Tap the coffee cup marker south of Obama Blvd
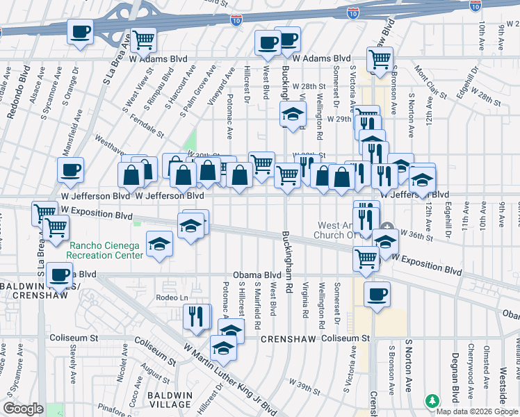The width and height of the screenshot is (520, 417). click(377, 294)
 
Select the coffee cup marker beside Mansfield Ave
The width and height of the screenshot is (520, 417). click(70, 170)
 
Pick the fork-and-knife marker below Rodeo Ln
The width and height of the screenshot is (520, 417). click(197, 316)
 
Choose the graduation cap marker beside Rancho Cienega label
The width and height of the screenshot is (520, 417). click(159, 244)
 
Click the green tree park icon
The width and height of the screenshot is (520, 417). click(432, 401)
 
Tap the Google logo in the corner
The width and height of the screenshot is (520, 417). click(24, 409)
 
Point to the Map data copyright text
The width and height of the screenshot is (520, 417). click(478, 411)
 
